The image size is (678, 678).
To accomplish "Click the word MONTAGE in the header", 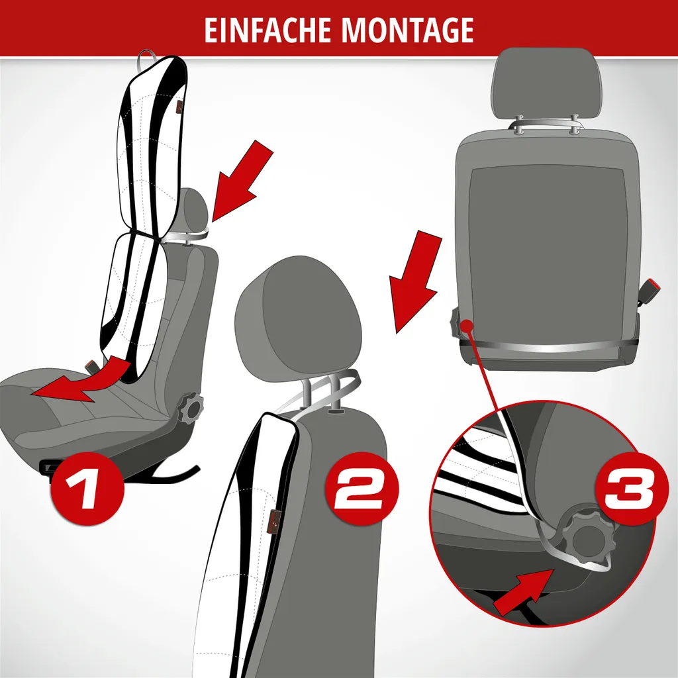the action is pos(408,30).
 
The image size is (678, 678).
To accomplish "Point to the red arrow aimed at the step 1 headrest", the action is pos(242,181).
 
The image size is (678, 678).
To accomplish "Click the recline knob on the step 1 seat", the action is pos(190,407).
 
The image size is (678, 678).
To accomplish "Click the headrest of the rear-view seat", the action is pos(546,83).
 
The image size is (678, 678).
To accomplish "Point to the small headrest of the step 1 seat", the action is pos(197,211).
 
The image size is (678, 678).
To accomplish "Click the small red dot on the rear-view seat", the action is pos(465,324).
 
